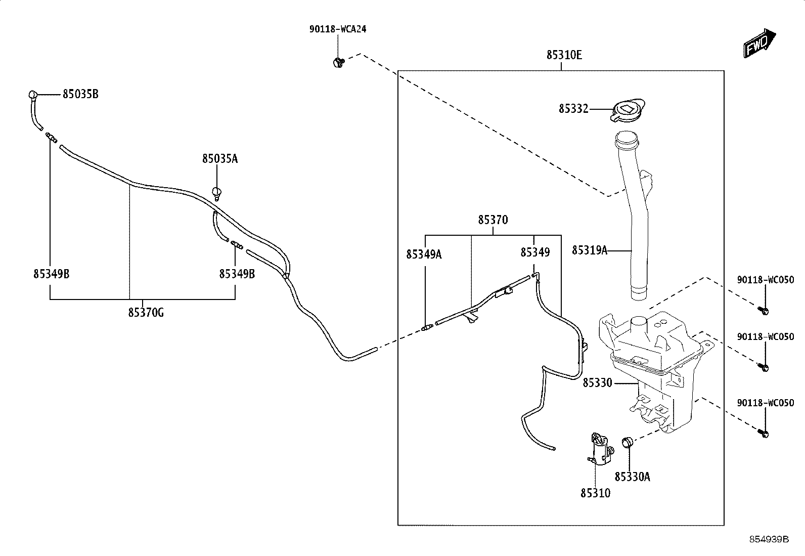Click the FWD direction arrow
tap(759, 44)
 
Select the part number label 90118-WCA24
tap(338, 29)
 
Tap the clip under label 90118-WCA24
tap(338, 63)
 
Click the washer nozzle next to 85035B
tap(33, 95)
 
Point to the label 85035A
tap(220, 158)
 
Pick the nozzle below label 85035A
tap(217, 194)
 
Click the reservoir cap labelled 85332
tap(628, 110)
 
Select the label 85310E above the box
tap(564, 55)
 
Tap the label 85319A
tap(590, 250)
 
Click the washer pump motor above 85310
tap(601, 450)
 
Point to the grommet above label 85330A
tap(627, 442)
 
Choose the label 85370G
tap(146, 313)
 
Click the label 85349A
tap(424, 254)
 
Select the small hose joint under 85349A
tap(427, 328)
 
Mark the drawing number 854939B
tap(769, 539)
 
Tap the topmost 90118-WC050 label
tap(766, 280)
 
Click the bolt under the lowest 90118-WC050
tap(764, 433)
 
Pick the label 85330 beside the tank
tap(597, 383)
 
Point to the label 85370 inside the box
tap(493, 220)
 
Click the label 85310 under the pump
tap(596, 493)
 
